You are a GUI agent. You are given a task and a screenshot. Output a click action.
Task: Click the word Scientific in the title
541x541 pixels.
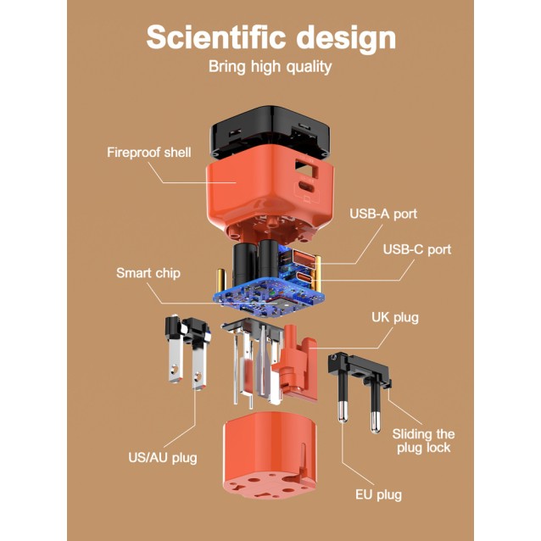pyautogui.click(x=216, y=37)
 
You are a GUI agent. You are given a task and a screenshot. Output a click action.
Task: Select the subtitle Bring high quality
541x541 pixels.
pyautogui.click(x=270, y=67)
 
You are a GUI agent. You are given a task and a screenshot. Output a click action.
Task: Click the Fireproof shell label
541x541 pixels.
pyautogui.click(x=149, y=152)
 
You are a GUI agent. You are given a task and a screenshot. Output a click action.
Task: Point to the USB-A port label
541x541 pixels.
pyautogui.click(x=383, y=214)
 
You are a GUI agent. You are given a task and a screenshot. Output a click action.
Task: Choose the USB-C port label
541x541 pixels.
pyautogui.click(x=417, y=249)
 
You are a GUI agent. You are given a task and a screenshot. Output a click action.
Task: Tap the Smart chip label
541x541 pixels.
pyautogui.click(x=148, y=273)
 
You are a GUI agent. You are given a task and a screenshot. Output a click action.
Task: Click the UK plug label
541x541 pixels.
pyautogui.click(x=395, y=317)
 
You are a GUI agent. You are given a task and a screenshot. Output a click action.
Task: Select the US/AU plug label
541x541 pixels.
pyautogui.click(x=163, y=458)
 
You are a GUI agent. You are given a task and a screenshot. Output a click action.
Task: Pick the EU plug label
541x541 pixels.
pyautogui.click(x=379, y=494)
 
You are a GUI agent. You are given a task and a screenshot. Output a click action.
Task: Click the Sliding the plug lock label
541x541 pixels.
pyautogui.click(x=423, y=441)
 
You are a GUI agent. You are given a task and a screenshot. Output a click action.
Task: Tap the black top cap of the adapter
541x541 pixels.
pyautogui.click(x=270, y=132)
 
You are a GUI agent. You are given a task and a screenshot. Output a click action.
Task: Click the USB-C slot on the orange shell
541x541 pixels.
pyautogui.click(x=305, y=187)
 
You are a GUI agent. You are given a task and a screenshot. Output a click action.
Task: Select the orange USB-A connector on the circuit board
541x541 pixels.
pyautogui.click(x=304, y=258)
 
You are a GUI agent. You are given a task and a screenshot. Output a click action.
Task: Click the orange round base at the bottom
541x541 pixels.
pyautogui.click(x=270, y=455)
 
